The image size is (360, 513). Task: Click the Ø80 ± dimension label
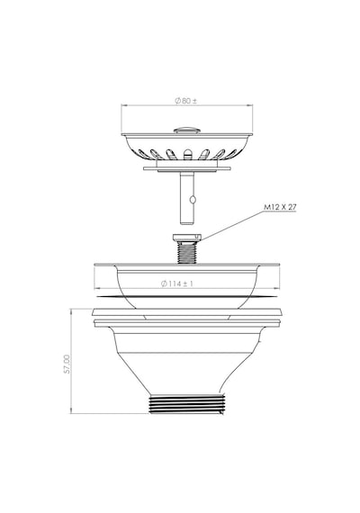186,101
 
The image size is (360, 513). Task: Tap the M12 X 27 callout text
280,207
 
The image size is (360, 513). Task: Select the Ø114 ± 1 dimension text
177,283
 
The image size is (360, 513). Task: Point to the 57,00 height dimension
67,364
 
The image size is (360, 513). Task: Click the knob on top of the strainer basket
187,130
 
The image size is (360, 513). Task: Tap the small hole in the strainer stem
193,199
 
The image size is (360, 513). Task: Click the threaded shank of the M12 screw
187,252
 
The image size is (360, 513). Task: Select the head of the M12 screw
187,238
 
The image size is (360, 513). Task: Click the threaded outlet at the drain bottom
187,404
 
